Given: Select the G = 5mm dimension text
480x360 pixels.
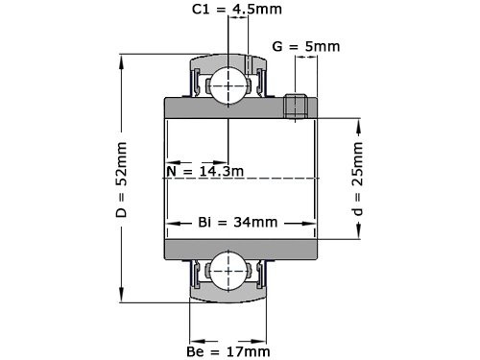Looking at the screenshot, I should pyautogui.click(x=306, y=45).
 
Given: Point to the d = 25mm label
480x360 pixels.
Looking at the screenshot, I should pyautogui.click(x=358, y=180).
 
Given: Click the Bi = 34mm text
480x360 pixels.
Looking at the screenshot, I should pyautogui.click(x=237, y=222).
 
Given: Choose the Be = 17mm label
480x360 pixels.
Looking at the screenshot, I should pyautogui.click(x=228, y=350).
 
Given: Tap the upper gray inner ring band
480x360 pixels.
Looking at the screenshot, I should pyautogui.click(x=240, y=108).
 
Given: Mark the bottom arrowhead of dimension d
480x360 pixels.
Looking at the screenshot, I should pyautogui.click(x=358, y=233).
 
